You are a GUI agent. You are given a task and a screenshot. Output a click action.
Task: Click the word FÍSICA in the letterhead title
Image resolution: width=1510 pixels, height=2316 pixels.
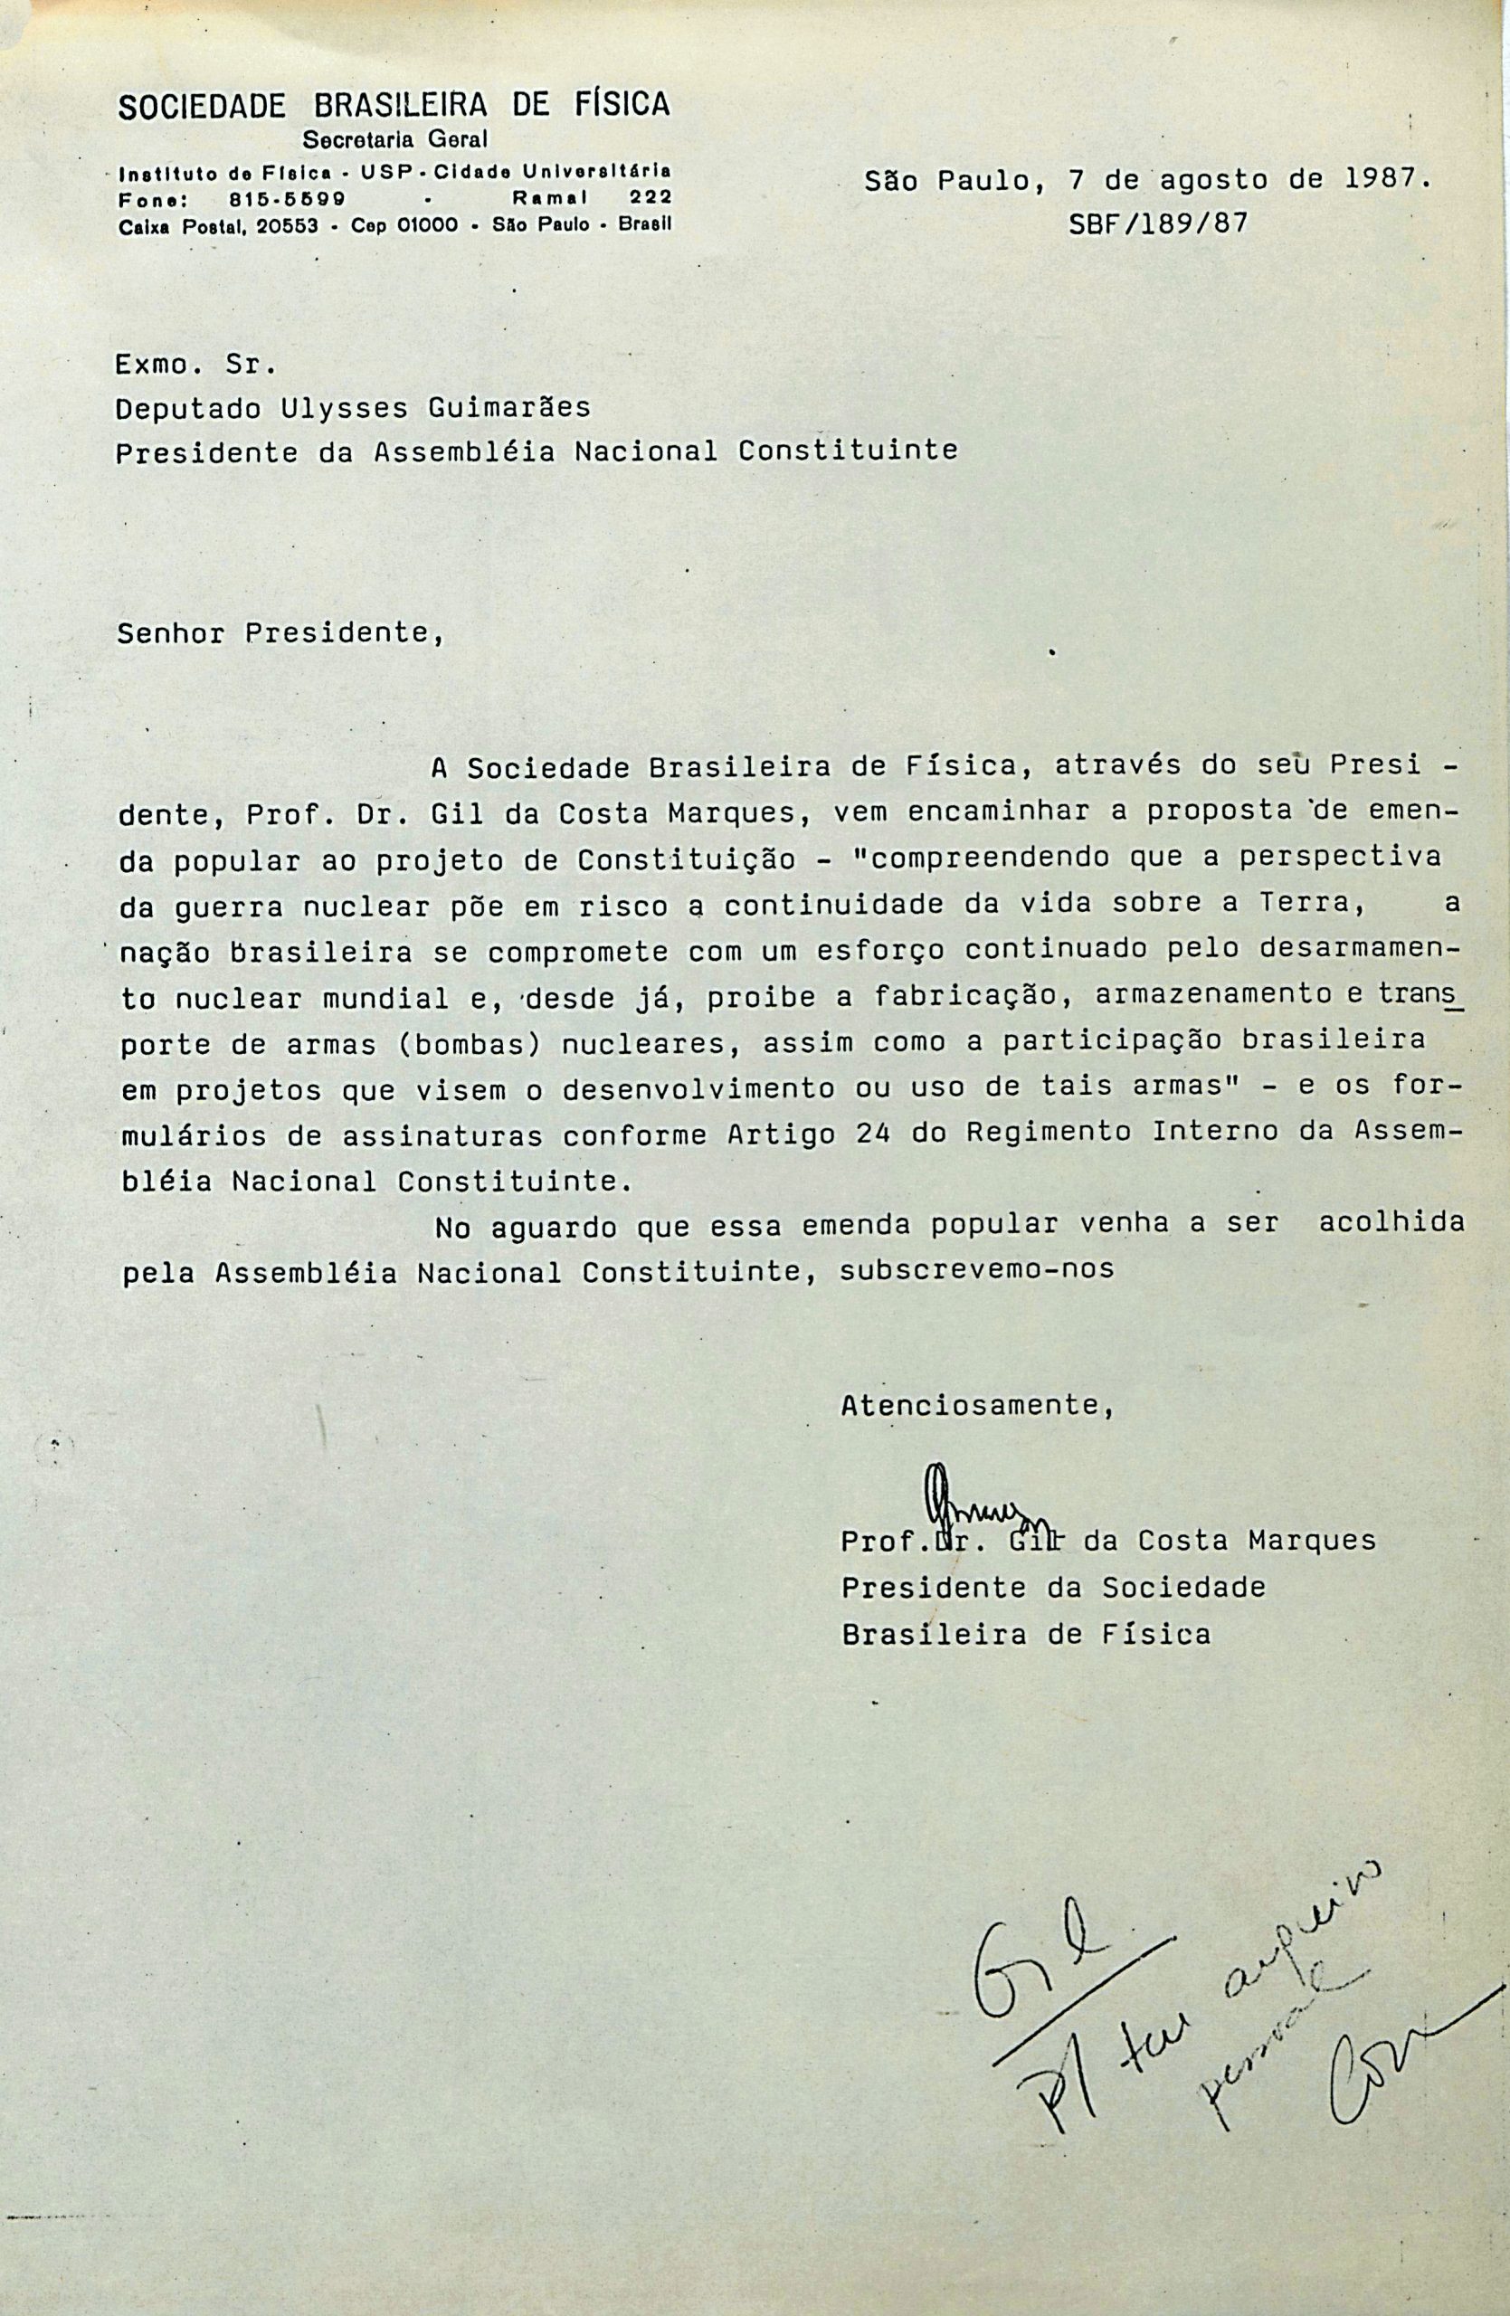[x=621, y=105]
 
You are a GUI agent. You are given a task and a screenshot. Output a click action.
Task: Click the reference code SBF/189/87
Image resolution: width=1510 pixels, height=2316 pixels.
[x=1158, y=224]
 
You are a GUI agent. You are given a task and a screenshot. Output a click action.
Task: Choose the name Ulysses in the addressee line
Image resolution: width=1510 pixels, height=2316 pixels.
[x=345, y=408]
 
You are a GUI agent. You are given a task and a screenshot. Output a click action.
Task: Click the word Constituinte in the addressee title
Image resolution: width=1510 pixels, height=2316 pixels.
[x=848, y=451]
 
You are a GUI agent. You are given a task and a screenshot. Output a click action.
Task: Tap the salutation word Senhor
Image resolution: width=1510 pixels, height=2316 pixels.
[x=171, y=634]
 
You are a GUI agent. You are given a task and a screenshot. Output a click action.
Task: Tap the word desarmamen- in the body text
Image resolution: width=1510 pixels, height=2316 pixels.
[x=1363, y=952]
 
